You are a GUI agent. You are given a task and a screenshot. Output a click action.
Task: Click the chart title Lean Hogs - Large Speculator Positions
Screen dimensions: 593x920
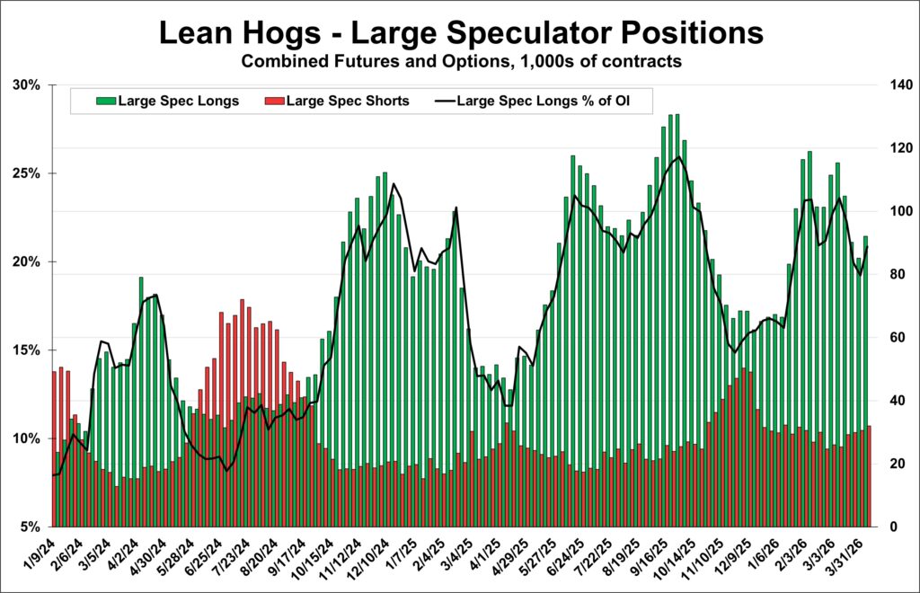point(460,33)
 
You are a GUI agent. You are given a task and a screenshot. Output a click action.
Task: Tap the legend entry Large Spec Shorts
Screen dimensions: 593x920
point(348,101)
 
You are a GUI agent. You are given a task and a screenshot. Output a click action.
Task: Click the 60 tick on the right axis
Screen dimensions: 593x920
point(889,338)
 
